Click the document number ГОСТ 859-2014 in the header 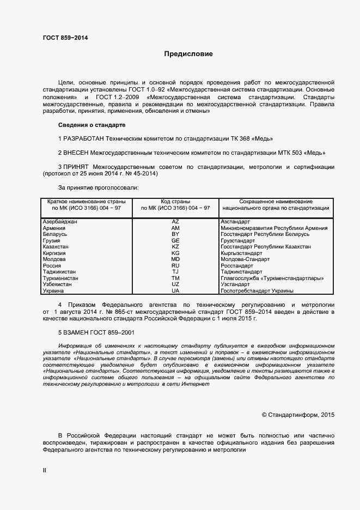tap(65, 38)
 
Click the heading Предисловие tap(189, 54)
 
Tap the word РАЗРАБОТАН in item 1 tap(84, 138)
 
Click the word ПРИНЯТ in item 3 tap(77, 166)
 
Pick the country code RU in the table tap(175, 266)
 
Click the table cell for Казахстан tap(56, 247)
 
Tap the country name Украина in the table tap(54, 291)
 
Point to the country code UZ tap(175, 284)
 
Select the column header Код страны tap(175, 202)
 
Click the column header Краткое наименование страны tap(87, 202)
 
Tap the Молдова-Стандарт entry tap(245, 259)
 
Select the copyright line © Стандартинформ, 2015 tap(298, 415)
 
